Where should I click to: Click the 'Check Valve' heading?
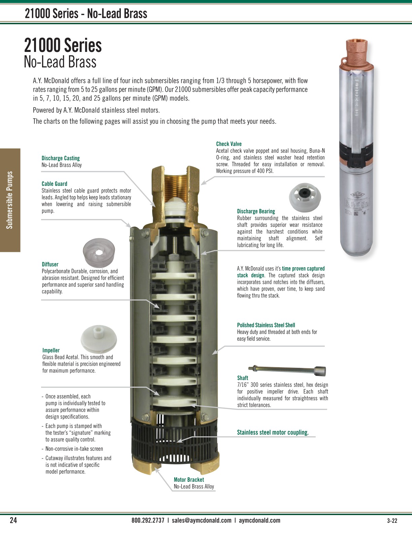[x=229, y=144]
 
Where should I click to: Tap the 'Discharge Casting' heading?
[x=61, y=158]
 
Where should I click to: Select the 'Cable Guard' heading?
[x=54, y=184]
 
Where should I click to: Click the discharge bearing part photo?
[x=305, y=197]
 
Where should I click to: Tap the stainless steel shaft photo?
[x=287, y=370]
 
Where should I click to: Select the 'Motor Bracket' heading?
[x=188, y=479]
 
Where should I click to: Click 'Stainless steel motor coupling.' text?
[x=273, y=433]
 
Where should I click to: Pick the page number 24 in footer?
[x=13, y=520]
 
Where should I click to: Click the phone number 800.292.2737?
[x=148, y=520]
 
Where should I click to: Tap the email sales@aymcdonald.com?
[x=201, y=520]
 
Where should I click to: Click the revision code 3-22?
[x=392, y=521]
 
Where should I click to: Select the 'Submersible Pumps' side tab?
[x=10, y=200]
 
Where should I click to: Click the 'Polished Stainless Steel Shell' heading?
[x=266, y=325]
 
